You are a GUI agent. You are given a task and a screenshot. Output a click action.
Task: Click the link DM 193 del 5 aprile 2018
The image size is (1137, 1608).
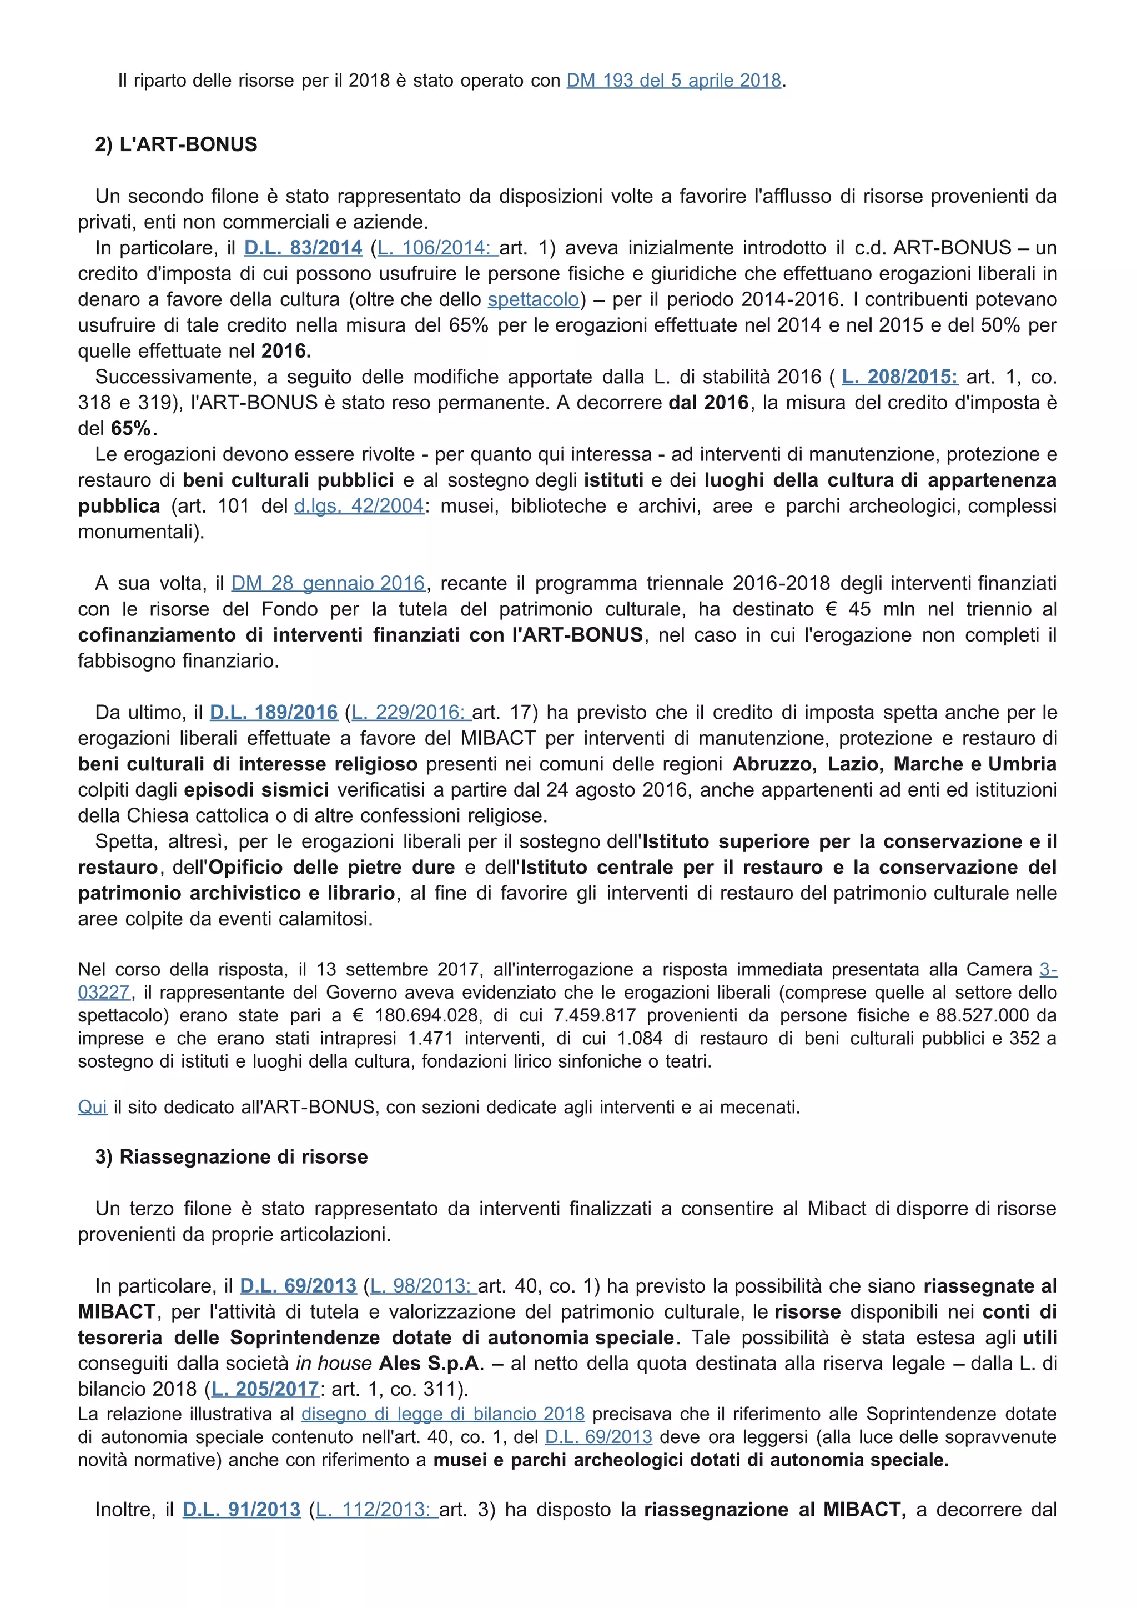[x=673, y=81]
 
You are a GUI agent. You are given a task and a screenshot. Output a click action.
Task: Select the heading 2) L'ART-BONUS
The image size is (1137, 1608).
[x=177, y=144]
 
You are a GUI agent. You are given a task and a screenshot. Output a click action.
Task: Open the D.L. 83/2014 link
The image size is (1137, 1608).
[x=303, y=248]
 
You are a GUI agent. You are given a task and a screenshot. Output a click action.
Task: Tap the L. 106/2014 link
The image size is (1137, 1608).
[x=437, y=248]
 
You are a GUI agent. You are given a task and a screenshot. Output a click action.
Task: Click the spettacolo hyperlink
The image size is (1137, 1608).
[x=534, y=300]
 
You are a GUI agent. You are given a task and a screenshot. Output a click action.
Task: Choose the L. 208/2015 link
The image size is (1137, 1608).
[x=899, y=377]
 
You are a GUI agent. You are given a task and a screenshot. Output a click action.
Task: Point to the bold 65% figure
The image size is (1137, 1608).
[x=131, y=429]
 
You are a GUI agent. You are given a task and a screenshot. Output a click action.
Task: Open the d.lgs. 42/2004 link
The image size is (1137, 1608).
[x=359, y=505]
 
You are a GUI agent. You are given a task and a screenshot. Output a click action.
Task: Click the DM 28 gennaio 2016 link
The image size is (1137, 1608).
[x=328, y=583]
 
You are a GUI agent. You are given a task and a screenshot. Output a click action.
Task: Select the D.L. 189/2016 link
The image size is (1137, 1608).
[x=274, y=712]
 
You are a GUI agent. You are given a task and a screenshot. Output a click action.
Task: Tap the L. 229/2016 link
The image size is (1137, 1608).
[x=410, y=712]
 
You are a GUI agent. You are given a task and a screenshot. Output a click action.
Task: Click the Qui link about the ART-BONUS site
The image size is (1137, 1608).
[x=92, y=1107]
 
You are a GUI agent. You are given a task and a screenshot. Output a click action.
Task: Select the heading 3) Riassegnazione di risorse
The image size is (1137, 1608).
[x=231, y=1157]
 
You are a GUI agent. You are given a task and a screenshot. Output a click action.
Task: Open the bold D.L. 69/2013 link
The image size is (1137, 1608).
[x=298, y=1286]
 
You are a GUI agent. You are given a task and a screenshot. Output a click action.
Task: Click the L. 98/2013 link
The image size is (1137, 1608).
[x=423, y=1286]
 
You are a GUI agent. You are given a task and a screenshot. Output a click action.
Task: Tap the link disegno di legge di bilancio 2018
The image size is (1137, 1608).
[x=442, y=1414]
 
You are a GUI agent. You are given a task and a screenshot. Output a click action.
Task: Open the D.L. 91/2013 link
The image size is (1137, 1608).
[x=242, y=1509]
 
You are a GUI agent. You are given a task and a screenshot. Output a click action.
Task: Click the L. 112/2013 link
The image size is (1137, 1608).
[x=376, y=1509]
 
